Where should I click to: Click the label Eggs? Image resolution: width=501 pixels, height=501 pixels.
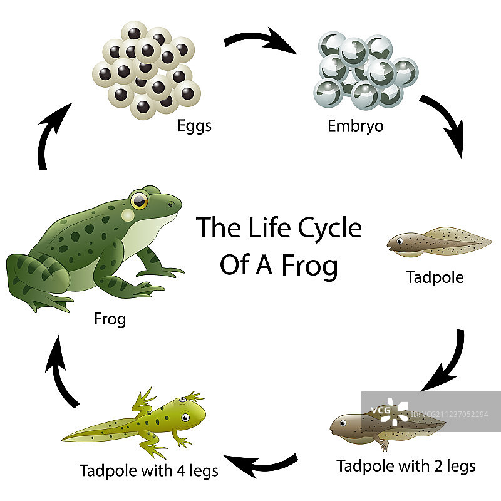click(x=194, y=126)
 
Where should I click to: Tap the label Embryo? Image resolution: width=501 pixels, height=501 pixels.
click(x=356, y=126)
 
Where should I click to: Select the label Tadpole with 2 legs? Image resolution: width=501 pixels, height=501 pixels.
click(x=406, y=466)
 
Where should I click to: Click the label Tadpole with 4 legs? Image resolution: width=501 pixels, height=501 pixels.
click(x=149, y=470)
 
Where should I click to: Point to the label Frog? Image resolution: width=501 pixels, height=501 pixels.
click(x=110, y=319)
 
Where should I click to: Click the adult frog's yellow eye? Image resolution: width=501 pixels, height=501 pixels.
click(x=139, y=200)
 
